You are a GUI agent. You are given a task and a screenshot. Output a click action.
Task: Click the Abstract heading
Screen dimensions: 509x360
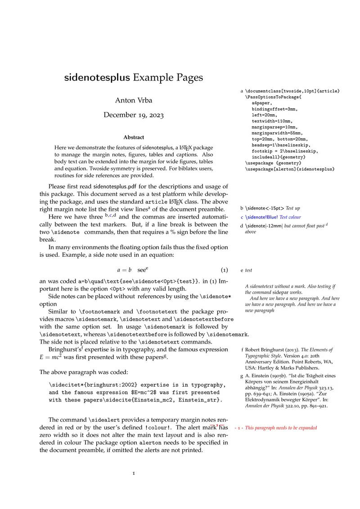(x=134, y=137)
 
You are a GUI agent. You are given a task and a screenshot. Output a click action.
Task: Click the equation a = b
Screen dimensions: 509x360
(x=124, y=270)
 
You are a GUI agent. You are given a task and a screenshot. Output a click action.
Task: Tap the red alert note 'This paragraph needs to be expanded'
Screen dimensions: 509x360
(x=281, y=428)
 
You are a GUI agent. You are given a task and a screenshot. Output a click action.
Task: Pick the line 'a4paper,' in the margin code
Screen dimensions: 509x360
(x=261, y=103)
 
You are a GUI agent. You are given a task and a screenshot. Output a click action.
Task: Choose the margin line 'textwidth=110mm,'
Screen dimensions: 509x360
(x=272, y=121)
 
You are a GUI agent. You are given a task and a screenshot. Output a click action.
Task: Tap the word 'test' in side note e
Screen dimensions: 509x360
(x=248, y=270)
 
